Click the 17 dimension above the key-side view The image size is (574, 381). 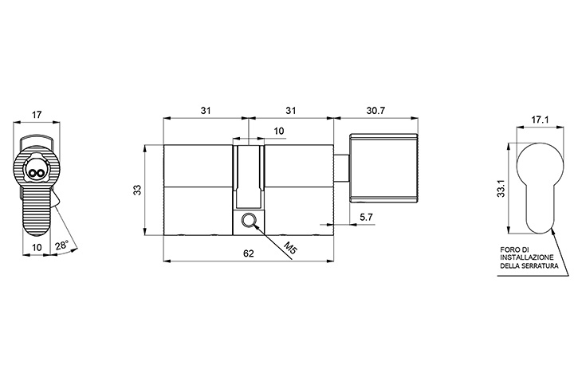(x=36, y=115)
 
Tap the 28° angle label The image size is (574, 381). (x=62, y=245)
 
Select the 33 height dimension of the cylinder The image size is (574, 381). (x=137, y=190)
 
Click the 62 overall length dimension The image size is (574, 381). (x=248, y=253)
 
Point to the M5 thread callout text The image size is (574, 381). (x=290, y=249)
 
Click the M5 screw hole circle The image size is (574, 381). (x=248, y=220)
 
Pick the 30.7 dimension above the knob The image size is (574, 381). (x=375, y=110)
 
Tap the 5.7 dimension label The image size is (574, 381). (x=366, y=217)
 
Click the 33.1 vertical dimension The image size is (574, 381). (x=501, y=188)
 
